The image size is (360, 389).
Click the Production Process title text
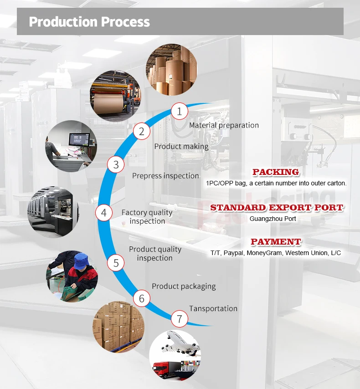89,21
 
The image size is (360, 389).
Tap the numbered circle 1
180,111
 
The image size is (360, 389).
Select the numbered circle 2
142,132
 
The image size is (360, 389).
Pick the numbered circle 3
116,165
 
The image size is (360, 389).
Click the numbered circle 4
104,213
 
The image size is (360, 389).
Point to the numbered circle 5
116,263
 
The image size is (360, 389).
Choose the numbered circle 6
142,298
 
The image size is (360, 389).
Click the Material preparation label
224,125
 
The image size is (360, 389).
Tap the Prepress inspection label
165,176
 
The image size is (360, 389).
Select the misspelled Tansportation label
213,308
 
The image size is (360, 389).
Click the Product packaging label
184,286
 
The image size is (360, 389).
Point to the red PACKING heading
276,172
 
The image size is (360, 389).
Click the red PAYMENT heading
276,242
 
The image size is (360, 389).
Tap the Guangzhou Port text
273,219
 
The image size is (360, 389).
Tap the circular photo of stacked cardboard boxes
118,326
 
